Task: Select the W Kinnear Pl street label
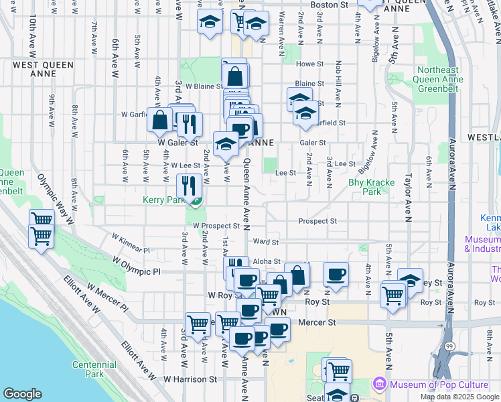131,243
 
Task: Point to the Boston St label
331,5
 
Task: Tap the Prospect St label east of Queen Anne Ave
317,221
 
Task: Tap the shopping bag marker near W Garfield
161,121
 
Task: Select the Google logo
23,394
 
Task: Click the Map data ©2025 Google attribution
459,397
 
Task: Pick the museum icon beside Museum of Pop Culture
379,385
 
